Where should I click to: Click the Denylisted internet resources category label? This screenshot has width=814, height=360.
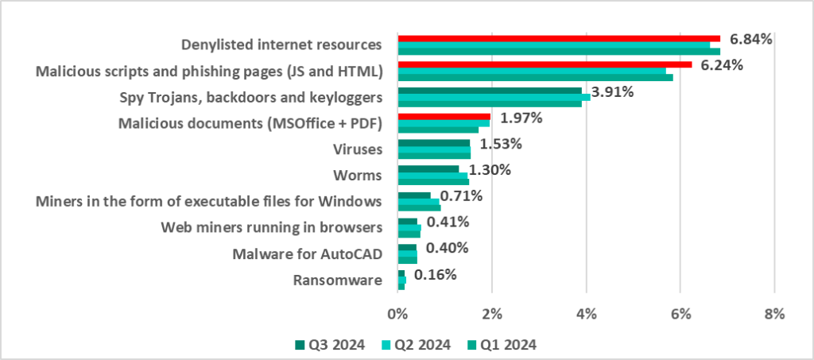(x=282, y=45)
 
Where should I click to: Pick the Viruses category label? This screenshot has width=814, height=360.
(x=361, y=149)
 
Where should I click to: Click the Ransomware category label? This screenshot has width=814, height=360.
(x=338, y=280)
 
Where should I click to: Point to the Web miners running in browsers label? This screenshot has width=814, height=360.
(x=272, y=228)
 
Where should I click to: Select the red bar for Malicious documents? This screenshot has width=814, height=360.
(x=444, y=116)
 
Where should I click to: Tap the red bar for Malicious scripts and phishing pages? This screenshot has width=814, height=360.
(x=544, y=64)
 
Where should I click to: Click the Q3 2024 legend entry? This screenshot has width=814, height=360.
(x=330, y=344)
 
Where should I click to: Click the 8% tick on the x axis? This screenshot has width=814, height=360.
(x=774, y=314)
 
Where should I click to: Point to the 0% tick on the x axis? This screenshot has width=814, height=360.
(x=397, y=314)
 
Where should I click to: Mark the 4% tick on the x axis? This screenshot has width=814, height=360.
(x=586, y=314)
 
